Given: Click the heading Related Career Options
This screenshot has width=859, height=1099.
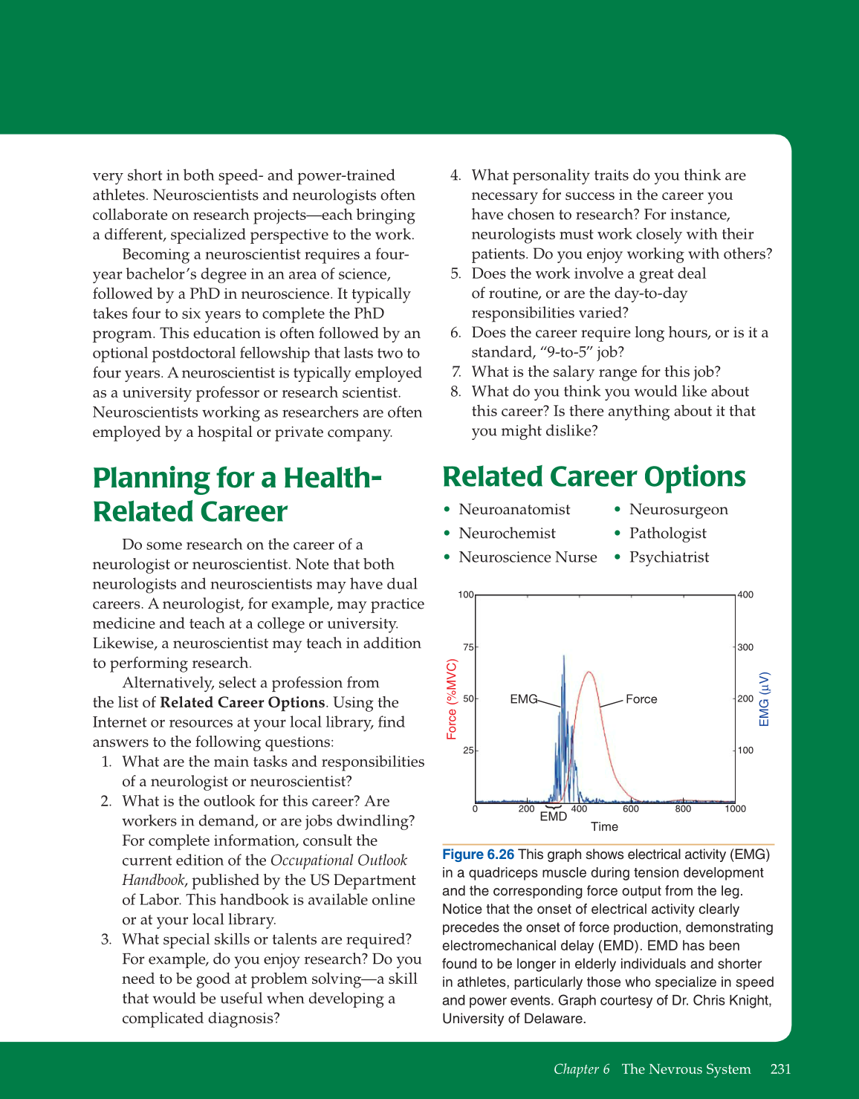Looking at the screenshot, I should [594, 477].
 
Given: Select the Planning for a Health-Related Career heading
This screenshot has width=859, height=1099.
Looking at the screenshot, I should [237, 495].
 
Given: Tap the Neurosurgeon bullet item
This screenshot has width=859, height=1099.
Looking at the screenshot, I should [678, 510].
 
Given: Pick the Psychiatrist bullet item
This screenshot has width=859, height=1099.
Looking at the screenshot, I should [669, 557].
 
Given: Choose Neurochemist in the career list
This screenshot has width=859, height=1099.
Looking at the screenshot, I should [507, 534].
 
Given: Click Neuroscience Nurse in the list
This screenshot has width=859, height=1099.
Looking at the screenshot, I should [528, 557].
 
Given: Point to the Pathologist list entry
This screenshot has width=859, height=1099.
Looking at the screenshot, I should [667, 534].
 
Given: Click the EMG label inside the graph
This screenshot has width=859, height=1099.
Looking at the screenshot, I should [523, 699].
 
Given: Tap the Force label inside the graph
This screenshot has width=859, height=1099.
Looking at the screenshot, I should [641, 699].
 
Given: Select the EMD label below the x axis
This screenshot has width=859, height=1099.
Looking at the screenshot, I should [553, 817].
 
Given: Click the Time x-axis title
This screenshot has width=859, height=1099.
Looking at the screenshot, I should [604, 827].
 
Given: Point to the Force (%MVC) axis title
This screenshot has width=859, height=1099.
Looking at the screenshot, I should [452, 699].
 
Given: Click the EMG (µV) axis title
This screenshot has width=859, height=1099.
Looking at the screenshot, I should [765, 699].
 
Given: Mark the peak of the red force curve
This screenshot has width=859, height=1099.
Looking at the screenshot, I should [589, 672].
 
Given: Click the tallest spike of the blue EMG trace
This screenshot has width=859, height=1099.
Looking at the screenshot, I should [563, 657].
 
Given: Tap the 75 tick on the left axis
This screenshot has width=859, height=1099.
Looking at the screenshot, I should [468, 647].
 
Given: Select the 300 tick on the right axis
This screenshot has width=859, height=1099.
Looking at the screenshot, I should [745, 647].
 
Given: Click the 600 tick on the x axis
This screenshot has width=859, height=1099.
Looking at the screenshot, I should [630, 809].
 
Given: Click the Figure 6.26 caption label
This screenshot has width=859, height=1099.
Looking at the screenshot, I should [478, 855].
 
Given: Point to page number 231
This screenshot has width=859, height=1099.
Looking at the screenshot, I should [780, 1069].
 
